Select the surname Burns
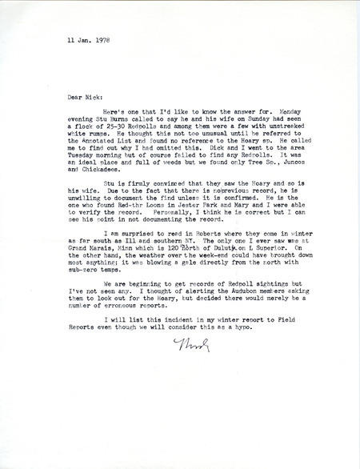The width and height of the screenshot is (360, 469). click(126, 128)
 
